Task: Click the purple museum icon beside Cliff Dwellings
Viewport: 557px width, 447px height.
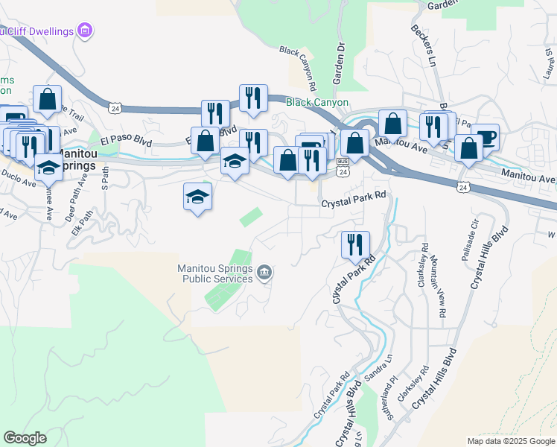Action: pos(86,31)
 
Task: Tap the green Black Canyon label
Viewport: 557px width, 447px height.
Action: pos(317,103)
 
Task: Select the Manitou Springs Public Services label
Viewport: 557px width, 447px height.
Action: pos(215,273)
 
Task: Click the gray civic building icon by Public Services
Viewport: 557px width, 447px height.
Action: pos(264,274)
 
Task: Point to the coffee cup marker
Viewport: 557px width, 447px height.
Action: pos(485,138)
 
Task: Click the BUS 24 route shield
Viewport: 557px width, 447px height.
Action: pos(343,168)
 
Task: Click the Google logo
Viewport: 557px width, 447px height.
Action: pos(25,438)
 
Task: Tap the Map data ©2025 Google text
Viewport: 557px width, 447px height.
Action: pos(510,441)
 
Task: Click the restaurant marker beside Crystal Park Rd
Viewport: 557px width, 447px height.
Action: pos(354,244)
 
